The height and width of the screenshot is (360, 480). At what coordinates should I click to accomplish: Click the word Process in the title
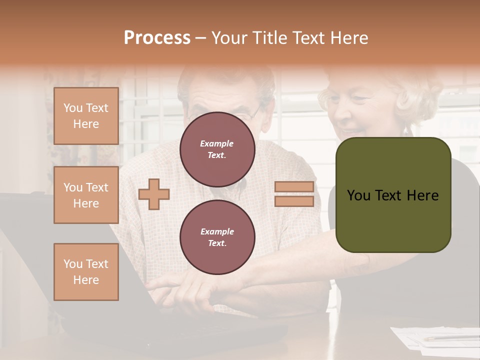coord(157,38)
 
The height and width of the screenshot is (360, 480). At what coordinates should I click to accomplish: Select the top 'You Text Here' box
coord(86,116)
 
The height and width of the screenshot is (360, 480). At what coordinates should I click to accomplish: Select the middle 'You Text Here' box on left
coord(86,195)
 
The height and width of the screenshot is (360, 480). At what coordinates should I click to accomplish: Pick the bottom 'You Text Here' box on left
coord(86,272)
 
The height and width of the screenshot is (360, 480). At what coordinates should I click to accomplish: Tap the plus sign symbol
coord(154,193)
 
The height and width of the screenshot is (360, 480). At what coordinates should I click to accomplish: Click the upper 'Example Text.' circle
coord(217,149)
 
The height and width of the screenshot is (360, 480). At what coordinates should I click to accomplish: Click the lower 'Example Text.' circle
coord(217,237)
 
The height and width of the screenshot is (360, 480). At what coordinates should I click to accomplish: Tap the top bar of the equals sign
coord(294,186)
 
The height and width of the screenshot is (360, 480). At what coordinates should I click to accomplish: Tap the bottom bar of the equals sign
coord(294,201)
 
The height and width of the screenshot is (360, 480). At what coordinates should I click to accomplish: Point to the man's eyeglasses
coord(250,115)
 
